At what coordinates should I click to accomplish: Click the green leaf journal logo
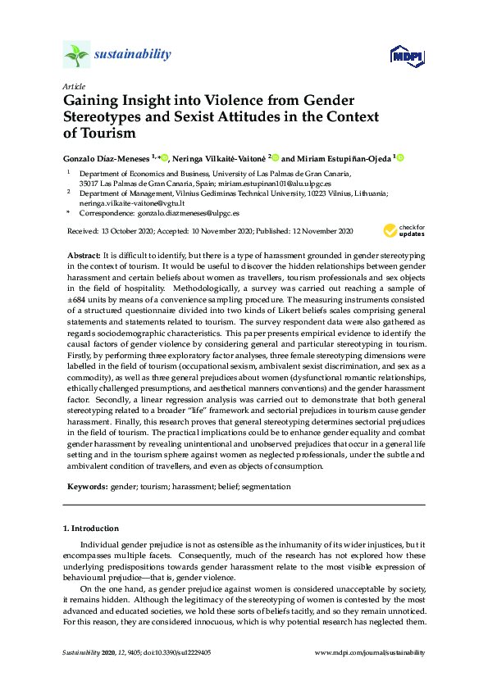76,55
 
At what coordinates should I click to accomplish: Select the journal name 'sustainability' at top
133,55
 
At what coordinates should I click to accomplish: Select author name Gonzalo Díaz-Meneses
106,157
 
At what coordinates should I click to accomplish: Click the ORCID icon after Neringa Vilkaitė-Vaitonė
276,157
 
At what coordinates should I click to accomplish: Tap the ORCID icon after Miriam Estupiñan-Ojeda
401,157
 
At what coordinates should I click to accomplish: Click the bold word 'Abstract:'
84,256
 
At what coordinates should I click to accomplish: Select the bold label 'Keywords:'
87,486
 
